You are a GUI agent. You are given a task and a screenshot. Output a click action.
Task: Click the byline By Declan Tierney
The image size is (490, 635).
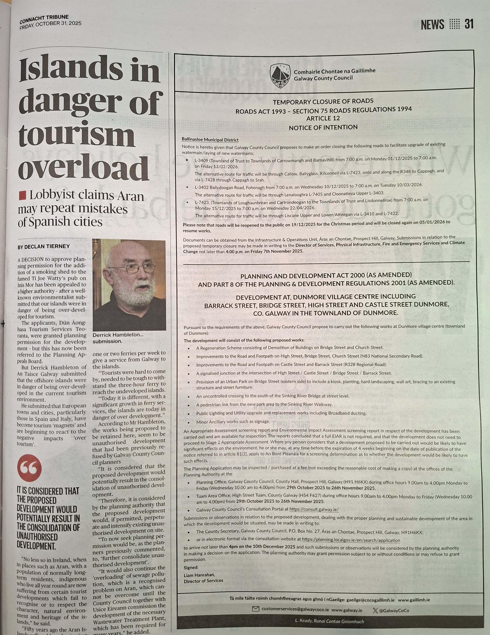[x=44, y=246]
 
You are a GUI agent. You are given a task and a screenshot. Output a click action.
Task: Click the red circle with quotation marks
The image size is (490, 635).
[x=29, y=468]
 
